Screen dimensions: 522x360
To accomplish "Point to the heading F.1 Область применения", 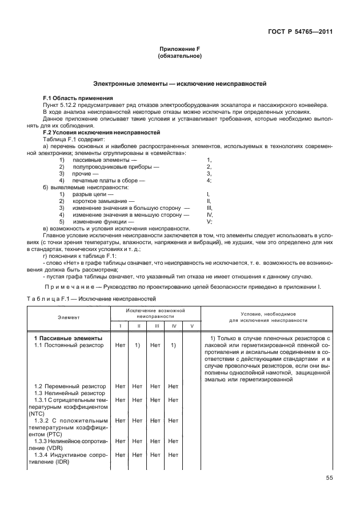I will click(x=74, y=98).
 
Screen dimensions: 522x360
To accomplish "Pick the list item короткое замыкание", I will click(x=103, y=201).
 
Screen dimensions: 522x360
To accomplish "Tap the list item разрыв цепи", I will click(x=94, y=194).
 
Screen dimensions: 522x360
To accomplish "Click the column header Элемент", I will click(x=69, y=316).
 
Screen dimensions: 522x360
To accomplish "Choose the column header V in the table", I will click(x=191, y=325).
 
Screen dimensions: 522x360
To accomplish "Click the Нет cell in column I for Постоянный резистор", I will click(x=120, y=345).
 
